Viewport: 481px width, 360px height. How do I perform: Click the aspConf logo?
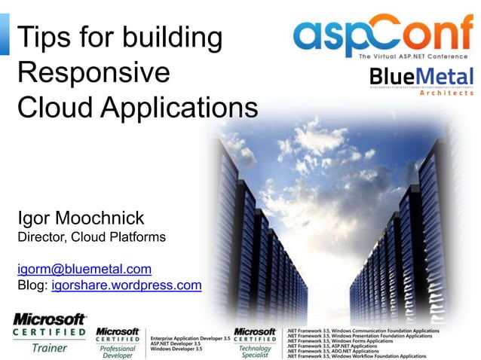click(x=383, y=35)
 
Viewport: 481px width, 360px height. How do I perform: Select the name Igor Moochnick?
click(x=81, y=218)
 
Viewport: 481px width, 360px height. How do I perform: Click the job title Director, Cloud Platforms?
click(x=91, y=239)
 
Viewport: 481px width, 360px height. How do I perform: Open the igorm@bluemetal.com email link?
click(x=84, y=268)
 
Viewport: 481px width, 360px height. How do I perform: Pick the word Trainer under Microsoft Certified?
click(x=49, y=348)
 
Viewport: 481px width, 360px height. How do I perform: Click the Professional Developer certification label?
click(x=118, y=352)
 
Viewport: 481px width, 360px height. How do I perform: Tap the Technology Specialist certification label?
click(x=255, y=352)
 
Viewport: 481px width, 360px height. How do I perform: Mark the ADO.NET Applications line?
click(x=332, y=350)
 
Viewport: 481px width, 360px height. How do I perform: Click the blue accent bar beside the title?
click(x=5, y=34)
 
